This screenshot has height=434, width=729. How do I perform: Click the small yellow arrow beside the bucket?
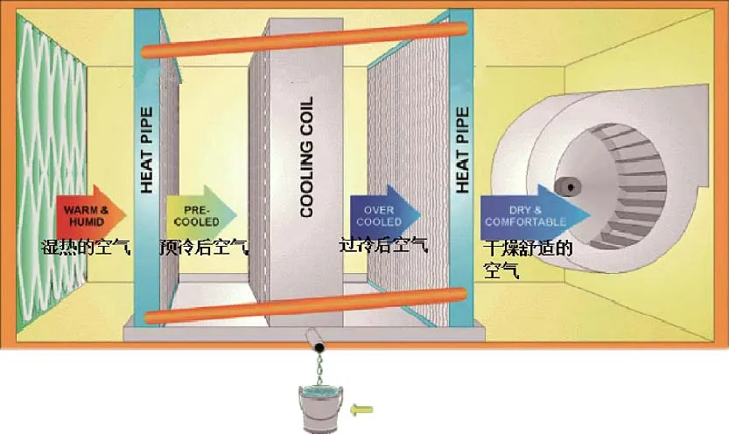tap(361, 408)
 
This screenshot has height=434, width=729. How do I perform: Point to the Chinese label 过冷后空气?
tap(383, 244)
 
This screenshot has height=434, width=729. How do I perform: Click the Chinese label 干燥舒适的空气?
tap(525, 258)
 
